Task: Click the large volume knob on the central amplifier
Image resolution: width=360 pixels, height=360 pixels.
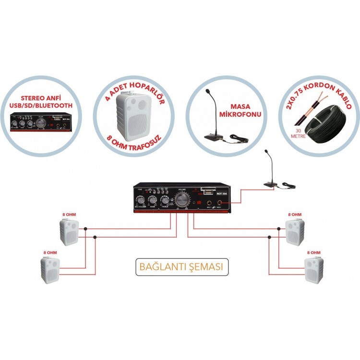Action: (182, 201)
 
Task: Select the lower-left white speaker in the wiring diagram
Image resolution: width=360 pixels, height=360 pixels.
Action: (49, 270)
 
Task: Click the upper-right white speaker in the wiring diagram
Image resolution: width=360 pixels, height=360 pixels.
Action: (292, 232)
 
